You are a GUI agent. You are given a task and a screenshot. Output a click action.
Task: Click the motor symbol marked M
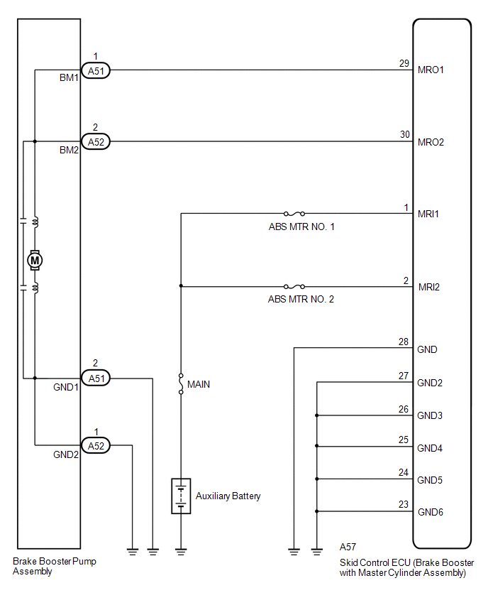[x=35, y=260]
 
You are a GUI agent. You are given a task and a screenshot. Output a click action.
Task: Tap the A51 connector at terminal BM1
[x=96, y=70]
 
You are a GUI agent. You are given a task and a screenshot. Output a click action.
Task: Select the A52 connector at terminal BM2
[x=96, y=141]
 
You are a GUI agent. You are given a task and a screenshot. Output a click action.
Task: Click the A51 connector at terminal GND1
[x=96, y=378]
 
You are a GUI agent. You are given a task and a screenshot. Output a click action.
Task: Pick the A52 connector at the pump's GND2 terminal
[x=96, y=446]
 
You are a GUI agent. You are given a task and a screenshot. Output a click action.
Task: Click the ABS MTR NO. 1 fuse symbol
[x=294, y=213]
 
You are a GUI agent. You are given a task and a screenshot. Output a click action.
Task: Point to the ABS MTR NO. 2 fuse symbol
[x=294, y=286]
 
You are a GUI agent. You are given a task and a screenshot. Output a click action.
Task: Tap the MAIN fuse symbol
[x=181, y=384]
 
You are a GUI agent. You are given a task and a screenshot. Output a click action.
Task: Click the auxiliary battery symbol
[x=181, y=496]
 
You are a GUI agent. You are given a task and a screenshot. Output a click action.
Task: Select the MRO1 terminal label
[x=431, y=70]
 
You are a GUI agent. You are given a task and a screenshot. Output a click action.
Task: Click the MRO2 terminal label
[x=431, y=142]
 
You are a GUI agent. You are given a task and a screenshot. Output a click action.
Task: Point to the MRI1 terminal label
[x=428, y=214]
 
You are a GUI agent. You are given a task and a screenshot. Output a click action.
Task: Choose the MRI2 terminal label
[x=428, y=287]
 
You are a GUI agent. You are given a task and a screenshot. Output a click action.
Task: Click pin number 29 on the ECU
[x=404, y=63]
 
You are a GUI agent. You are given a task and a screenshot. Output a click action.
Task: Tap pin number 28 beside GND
[x=403, y=342]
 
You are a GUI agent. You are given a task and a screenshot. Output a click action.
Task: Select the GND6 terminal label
[x=430, y=512]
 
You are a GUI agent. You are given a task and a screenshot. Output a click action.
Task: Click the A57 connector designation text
[x=348, y=547]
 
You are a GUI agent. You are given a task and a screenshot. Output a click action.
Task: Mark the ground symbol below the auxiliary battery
[x=181, y=552]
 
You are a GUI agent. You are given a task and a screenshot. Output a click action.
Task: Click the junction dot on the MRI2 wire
[x=181, y=286]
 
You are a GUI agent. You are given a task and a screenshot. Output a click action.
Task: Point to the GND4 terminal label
[x=429, y=448]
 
